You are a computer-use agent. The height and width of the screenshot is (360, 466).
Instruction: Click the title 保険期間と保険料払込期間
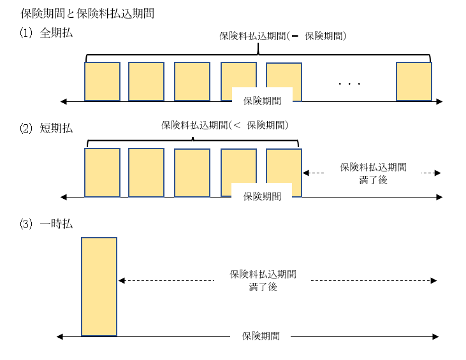tap(87, 13)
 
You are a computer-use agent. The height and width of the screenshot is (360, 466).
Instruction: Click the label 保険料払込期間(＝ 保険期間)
tap(282, 36)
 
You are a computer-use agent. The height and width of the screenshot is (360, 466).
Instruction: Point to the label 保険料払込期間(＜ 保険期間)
tap(225, 125)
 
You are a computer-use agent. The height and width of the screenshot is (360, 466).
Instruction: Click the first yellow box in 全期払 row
tap(102, 81)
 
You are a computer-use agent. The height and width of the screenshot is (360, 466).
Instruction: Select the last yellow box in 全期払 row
tap(414, 81)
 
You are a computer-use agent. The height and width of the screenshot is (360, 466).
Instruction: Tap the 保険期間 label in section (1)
tap(262, 101)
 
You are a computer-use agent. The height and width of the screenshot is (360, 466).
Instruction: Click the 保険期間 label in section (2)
tap(262, 196)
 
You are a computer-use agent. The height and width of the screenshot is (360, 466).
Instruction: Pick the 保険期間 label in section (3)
tap(261, 336)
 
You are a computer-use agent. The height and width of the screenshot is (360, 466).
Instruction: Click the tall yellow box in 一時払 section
tap(99, 286)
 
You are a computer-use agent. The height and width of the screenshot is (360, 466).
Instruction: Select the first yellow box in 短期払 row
tap(102, 172)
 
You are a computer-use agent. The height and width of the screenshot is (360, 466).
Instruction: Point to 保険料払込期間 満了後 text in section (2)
tap(373, 173)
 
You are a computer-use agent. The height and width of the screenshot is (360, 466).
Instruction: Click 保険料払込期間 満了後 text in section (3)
tap(263, 280)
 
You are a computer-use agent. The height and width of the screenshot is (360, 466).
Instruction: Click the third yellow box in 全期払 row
tap(192, 81)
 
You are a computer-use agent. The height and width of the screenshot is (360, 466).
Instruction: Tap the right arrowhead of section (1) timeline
tap(439, 101)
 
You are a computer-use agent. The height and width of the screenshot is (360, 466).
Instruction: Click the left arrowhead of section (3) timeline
tap(59, 336)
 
